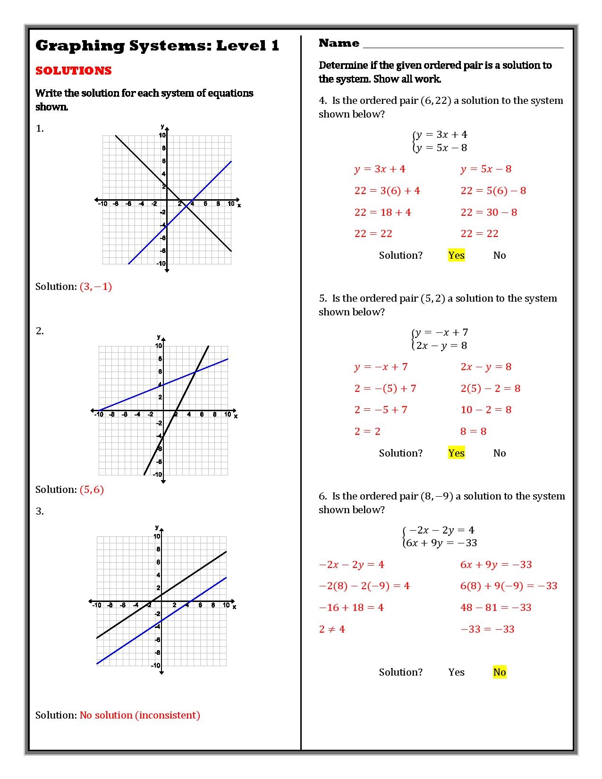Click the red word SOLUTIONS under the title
(74, 71)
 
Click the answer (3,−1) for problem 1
(96, 287)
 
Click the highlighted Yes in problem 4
(457, 255)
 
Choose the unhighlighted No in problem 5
(500, 453)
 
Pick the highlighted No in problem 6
(500, 672)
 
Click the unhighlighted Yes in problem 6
(457, 672)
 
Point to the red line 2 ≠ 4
(332, 629)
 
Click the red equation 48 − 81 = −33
(496, 608)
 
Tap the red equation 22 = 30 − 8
(489, 212)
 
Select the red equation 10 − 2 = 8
(486, 410)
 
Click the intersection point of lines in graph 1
(187, 206)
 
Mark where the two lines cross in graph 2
(195, 372)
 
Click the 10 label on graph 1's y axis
(162, 135)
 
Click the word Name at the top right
(339, 43)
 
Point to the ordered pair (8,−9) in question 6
(437, 496)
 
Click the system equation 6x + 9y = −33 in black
(441, 543)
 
